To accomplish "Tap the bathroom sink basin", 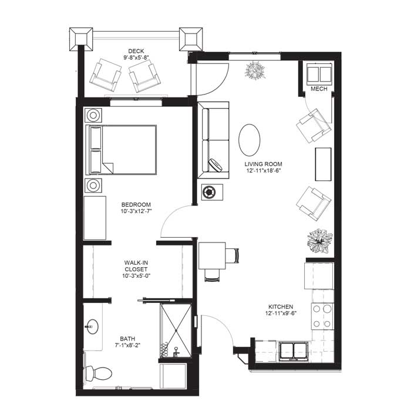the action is pos(92,326).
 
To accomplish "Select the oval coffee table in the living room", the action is pos(250,140).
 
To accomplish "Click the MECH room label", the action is pos(319,89).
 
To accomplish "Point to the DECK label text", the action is pos(136,51).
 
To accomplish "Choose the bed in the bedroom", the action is pos(121,150).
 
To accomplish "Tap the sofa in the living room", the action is pos(213,140).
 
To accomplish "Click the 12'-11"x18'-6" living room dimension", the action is pos(263,171).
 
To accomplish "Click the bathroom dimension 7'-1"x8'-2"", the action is pos(127,345).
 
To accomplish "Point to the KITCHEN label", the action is pos(281,306).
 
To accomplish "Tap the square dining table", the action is pos(212,255).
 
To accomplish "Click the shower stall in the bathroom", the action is pos(176,331).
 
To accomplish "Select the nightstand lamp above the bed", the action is pos(93,115).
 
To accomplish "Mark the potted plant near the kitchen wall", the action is pos(320,241).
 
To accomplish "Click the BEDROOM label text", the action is pos(136,204).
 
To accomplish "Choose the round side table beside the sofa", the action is pos(209,193).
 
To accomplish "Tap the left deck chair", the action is pos(105,75).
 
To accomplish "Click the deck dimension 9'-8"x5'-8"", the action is pos(136,58).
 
